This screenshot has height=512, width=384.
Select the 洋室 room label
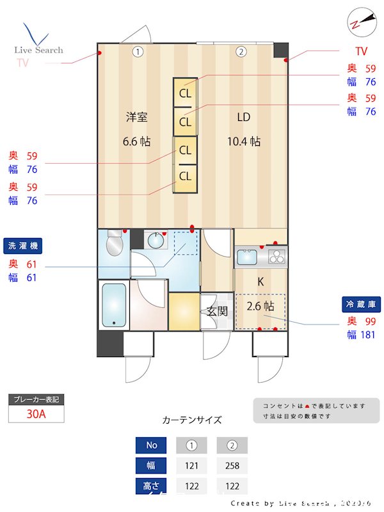pyautogui.click(x=137, y=117)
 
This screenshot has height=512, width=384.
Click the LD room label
pyautogui.click(x=243, y=117)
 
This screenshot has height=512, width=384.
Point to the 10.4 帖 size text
pyautogui.click(x=246, y=141)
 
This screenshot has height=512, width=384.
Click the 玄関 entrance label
pyautogui.click(x=217, y=312)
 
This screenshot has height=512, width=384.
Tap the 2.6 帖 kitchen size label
pyautogui.click(x=260, y=305)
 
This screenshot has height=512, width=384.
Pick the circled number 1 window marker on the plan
pyautogui.click(x=138, y=52)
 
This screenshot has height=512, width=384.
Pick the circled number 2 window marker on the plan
pyautogui.click(x=241, y=52)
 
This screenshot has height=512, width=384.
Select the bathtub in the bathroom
pyautogui.click(x=115, y=305)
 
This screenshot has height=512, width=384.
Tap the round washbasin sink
pyautogui.click(x=156, y=241)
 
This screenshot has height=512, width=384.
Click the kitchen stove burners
pyautogui.click(x=276, y=258)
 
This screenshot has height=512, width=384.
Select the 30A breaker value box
pyautogui.click(x=36, y=413)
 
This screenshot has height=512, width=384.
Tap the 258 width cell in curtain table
pyautogui.click(x=232, y=466)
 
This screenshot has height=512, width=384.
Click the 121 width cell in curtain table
pyautogui.click(x=191, y=466)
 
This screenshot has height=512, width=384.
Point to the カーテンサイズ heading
pyautogui.click(x=192, y=420)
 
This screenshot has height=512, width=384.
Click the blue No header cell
pyautogui.click(x=152, y=445)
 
